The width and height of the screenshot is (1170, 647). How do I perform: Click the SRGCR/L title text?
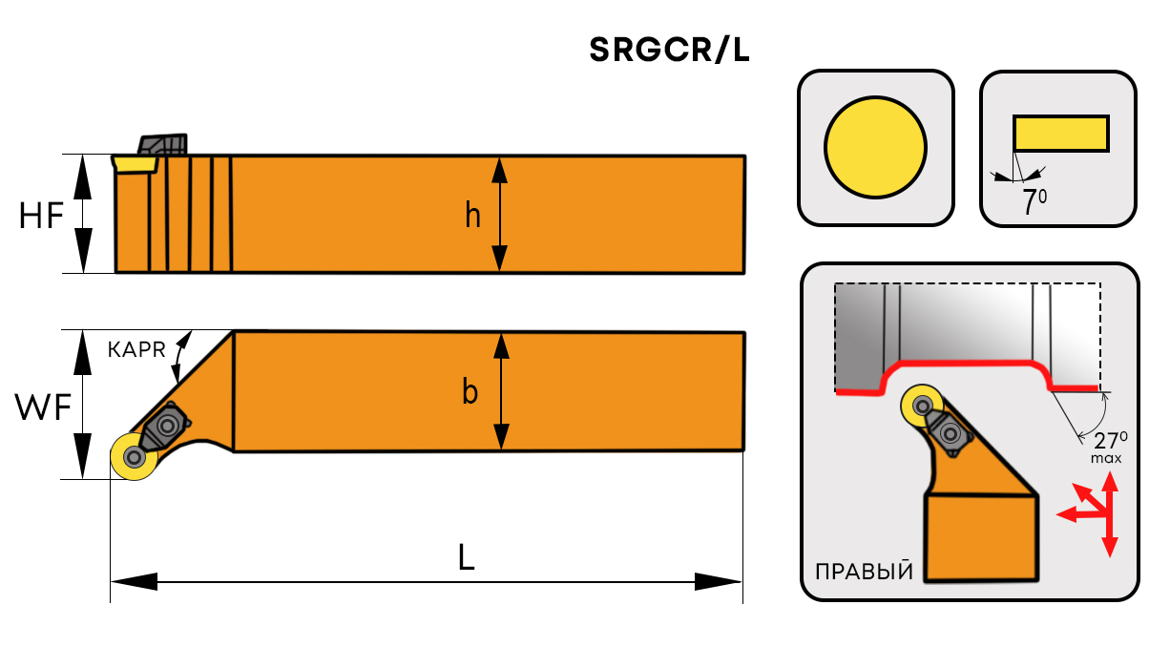(x=669, y=51)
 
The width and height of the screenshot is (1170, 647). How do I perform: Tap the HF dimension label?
(x=42, y=217)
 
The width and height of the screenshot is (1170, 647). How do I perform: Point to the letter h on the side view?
(x=473, y=217)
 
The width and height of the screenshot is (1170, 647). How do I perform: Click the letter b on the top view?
(x=470, y=391)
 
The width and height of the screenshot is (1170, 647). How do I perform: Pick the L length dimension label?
(x=466, y=557)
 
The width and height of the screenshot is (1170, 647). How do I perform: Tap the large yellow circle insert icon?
(x=876, y=147)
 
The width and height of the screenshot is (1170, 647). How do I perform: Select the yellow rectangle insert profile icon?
(x=1061, y=133)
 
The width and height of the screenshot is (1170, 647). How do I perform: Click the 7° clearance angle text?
(x=1034, y=202)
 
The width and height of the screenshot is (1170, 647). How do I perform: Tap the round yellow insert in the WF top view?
(x=133, y=457)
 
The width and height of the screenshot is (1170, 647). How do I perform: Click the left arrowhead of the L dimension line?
(x=132, y=581)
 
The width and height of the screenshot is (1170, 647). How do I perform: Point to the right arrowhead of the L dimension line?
(x=720, y=581)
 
